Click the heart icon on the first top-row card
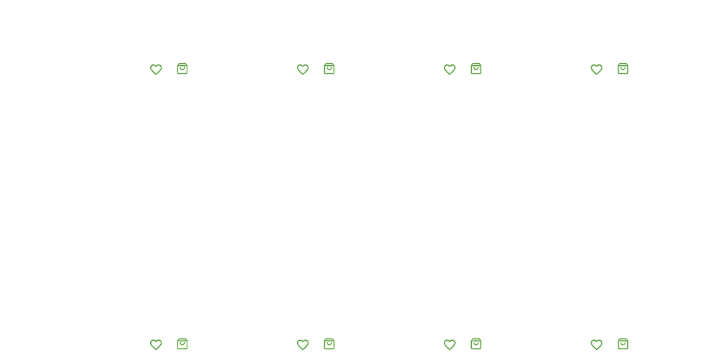tap(155, 69)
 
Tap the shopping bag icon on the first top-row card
tap(182, 68)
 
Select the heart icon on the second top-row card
tap(302, 69)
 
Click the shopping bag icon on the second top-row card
tap(329, 68)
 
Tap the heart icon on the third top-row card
tap(449, 69)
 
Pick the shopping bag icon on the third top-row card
tap(476, 68)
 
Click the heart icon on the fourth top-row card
tap(596, 69)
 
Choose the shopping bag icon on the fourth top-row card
tap(623, 68)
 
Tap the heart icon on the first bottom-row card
tap(155, 344)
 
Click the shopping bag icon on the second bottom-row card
tap(329, 343)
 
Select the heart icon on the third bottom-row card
tap(449, 344)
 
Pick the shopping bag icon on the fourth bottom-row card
tap(623, 343)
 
